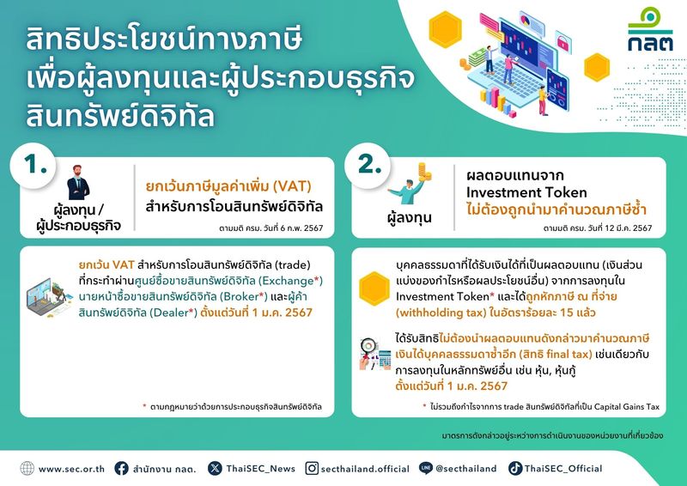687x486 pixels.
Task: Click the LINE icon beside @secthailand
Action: coord(425,468)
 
